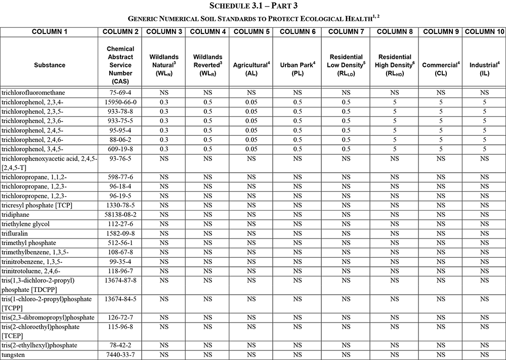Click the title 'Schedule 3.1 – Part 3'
(253, 6)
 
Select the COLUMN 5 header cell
(251, 31)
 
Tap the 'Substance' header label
(50, 65)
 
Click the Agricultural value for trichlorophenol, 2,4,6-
(251, 140)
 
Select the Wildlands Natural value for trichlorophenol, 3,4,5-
(163, 149)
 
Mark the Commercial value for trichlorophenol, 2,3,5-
(441, 111)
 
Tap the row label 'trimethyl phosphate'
(29, 243)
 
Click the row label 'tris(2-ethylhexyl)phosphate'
(39, 345)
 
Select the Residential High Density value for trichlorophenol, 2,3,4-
(395, 102)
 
